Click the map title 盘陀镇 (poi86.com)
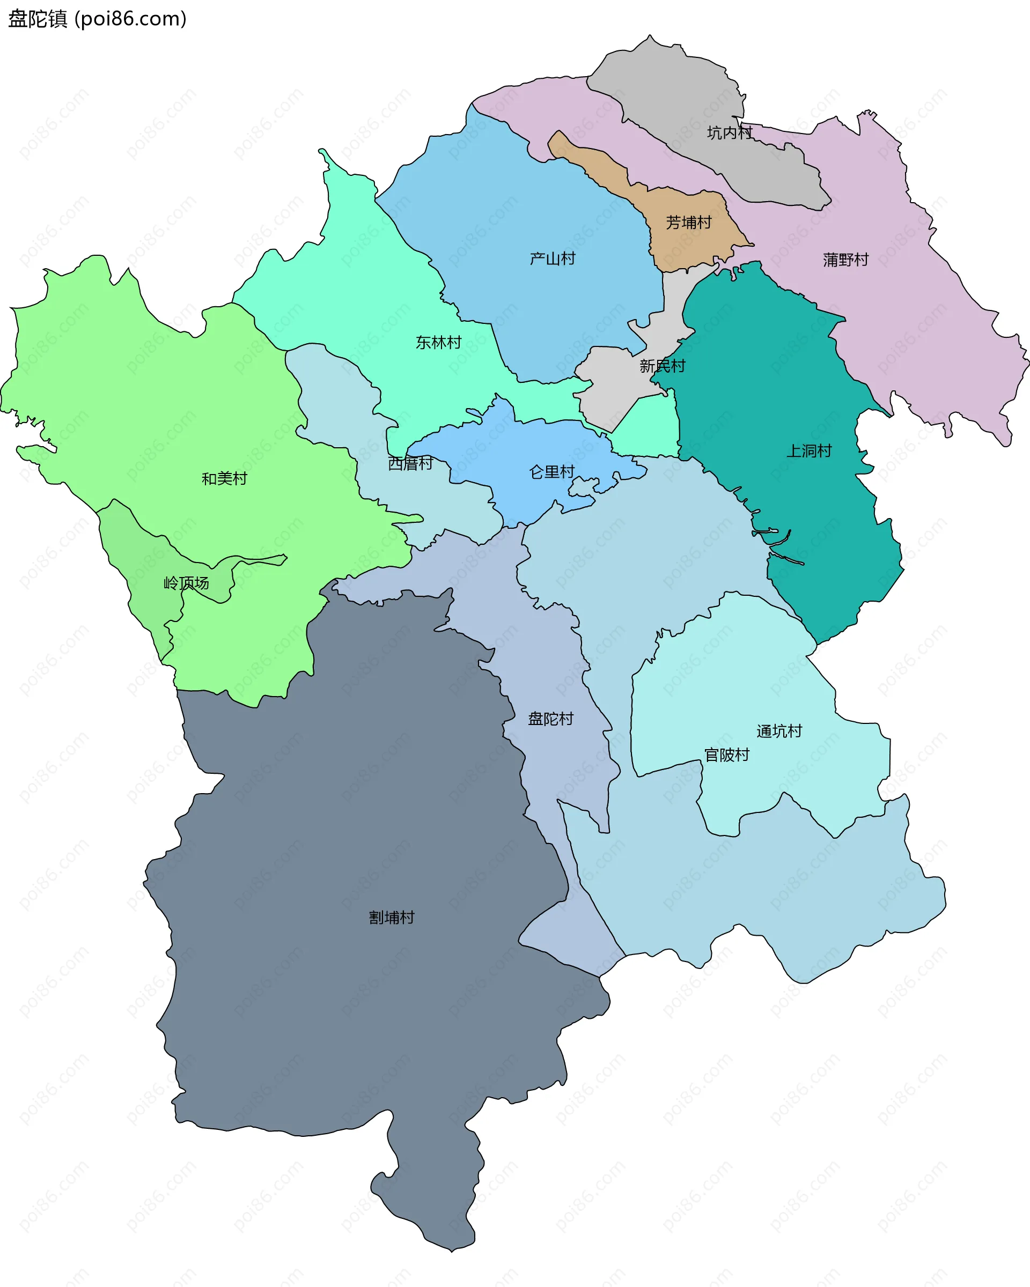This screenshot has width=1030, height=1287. tap(97, 19)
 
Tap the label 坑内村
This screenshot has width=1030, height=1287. tap(730, 132)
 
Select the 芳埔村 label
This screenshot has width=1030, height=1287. tap(689, 223)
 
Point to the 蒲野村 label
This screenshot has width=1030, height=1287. tap(845, 260)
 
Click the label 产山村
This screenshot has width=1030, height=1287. tap(553, 258)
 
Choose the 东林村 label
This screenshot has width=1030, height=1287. tap(438, 343)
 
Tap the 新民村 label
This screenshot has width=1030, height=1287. tap(662, 366)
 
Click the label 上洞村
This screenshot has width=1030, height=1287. tap(809, 450)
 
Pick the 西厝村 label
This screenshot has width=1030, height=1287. tap(410, 463)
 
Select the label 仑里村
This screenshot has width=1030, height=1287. tap(551, 472)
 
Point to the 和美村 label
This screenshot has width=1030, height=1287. tap(224, 479)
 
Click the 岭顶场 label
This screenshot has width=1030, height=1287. tap(186, 583)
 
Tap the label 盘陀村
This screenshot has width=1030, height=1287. tap(550, 719)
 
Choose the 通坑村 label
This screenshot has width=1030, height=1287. tap(779, 731)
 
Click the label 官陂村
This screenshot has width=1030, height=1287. tap(727, 755)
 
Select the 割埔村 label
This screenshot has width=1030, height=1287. tap(392, 918)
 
